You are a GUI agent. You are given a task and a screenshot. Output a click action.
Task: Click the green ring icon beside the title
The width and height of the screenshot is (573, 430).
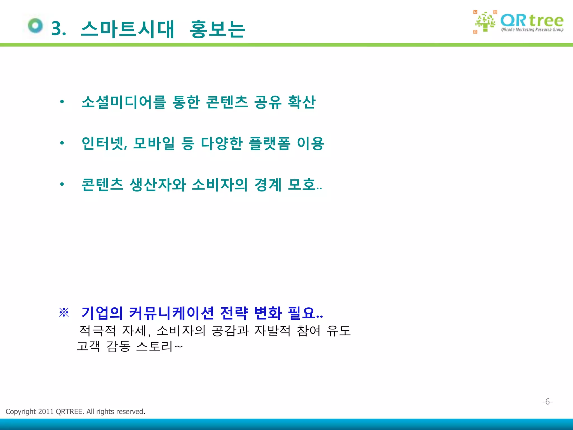click(36, 26)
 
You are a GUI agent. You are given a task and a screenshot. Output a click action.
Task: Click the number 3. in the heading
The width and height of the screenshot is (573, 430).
click(59, 29)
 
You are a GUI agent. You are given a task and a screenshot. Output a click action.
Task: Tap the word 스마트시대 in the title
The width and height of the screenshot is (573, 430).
click(128, 29)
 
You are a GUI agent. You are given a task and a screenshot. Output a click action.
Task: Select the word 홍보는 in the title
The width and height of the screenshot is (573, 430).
click(218, 29)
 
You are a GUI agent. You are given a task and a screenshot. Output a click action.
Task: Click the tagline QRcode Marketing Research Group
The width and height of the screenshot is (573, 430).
click(532, 30)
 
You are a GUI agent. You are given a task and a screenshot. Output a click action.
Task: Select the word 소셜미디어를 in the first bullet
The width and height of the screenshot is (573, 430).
click(124, 102)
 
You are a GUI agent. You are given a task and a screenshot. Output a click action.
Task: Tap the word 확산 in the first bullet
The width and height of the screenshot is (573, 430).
click(302, 102)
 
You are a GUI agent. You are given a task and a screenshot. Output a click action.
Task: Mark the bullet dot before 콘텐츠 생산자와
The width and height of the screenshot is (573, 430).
click(62, 184)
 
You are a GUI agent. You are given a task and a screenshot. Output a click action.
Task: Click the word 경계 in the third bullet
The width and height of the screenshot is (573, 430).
click(268, 185)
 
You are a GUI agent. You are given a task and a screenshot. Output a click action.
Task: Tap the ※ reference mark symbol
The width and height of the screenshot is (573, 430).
click(64, 313)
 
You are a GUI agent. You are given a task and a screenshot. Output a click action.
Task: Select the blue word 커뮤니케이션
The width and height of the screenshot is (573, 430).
click(172, 313)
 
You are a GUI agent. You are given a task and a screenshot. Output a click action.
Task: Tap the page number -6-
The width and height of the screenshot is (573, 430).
click(547, 402)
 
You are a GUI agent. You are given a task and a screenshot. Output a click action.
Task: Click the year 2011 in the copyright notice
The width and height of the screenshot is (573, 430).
click(46, 412)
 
